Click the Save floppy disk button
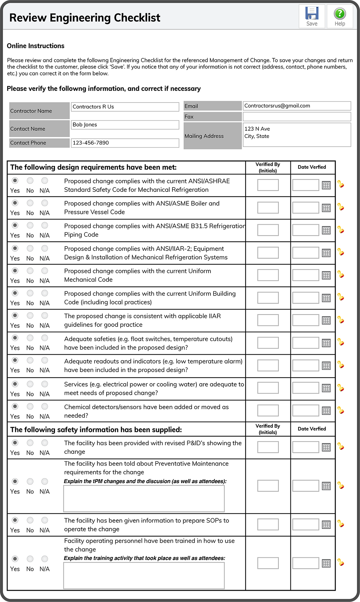pos(312,16)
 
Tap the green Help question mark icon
pos(340,16)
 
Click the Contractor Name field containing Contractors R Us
pos(125,107)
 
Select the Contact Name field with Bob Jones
pos(125,125)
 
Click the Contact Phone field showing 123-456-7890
pos(125,143)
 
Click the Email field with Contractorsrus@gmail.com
pos(297,106)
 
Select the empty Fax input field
pos(297,117)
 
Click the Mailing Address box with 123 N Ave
pos(297,135)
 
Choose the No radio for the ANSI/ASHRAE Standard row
pos(30,181)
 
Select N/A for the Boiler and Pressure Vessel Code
pos(45,203)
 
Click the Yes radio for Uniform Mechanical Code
pos(15,271)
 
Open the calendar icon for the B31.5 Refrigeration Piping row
pos(326,230)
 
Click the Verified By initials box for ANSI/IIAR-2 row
pos(268,253)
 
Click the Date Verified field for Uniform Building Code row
pos(305,298)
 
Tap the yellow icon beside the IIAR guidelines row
pos(341,320)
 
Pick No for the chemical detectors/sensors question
pos(30,406)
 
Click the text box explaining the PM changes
pos(144,498)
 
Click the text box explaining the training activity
pos(144,575)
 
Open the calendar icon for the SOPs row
pos(326,525)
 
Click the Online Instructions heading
pos(36,46)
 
